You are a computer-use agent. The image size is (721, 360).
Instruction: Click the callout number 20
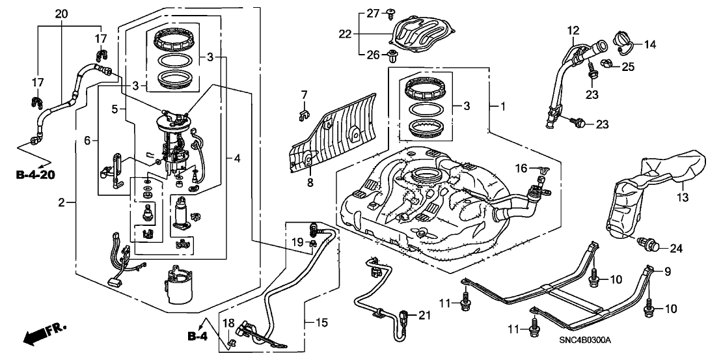click(61, 14)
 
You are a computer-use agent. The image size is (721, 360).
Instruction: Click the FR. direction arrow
click(42, 336)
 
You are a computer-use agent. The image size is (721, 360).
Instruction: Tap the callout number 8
click(310, 183)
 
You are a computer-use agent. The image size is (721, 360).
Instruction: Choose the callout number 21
click(425, 316)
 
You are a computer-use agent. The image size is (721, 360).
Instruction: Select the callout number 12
click(573, 30)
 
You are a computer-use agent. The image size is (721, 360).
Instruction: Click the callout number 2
click(62, 203)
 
